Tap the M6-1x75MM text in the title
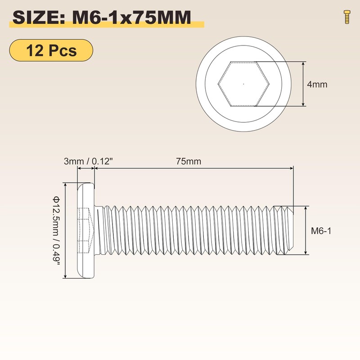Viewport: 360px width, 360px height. tap(131, 18)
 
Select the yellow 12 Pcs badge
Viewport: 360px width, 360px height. tap(51, 50)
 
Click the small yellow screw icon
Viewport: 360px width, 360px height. tap(347, 17)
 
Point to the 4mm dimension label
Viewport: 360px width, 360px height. tap(317, 85)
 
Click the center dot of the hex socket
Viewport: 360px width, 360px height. tap(243, 84)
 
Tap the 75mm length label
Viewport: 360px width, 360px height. tap(189, 162)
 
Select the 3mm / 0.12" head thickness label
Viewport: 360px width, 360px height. tap(88, 162)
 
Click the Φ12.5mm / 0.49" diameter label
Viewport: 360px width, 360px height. tap(55, 230)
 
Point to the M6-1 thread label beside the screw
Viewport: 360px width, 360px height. tap(321, 231)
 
